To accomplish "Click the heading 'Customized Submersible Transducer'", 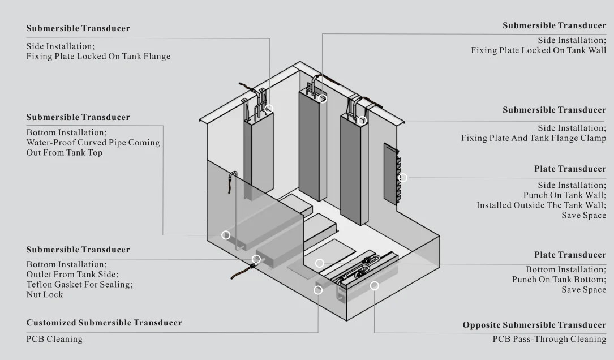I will point(104,323).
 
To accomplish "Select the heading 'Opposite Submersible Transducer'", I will point(534,325).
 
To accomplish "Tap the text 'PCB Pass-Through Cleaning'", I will point(549,339).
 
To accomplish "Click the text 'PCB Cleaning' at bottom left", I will point(54,339).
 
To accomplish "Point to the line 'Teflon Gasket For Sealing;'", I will point(79,284).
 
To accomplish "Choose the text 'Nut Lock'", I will point(45,294).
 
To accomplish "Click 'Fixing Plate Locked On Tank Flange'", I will point(98,56).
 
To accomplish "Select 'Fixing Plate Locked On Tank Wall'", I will point(538,50).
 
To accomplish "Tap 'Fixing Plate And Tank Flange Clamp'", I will point(533,138).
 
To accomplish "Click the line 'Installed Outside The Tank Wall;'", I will point(541,205).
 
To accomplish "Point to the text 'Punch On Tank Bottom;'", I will point(559,280).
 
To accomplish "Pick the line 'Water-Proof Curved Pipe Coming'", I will point(93,143).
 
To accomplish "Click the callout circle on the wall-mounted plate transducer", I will point(403,178).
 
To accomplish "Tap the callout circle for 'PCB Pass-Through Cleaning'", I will point(374,286).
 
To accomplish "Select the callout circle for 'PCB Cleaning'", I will point(318,290).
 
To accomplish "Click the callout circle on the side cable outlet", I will point(256,259).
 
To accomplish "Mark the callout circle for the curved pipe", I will point(226,235).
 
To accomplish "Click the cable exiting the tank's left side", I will point(240,273).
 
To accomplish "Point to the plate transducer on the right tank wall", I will point(391,173).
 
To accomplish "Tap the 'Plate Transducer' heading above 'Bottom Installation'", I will point(569,255).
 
